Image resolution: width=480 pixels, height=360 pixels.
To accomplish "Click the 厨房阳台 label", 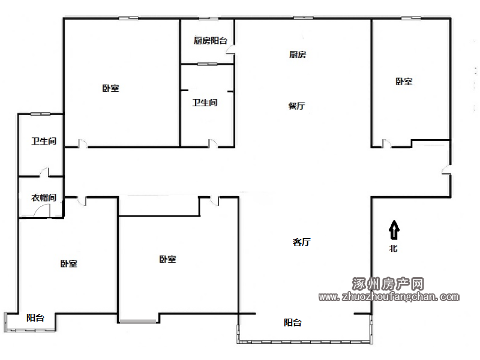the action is [x=211, y=40].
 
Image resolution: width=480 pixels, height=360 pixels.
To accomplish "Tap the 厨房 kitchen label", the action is [x=298, y=55].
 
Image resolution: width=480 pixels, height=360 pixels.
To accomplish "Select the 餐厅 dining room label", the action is [x=296, y=106].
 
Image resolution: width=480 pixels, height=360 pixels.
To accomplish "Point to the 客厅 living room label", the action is [x=302, y=242].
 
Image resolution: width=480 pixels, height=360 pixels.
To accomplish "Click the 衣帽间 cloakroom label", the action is [x=44, y=198].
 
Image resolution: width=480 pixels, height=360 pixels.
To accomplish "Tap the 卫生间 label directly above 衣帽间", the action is [x=44, y=141].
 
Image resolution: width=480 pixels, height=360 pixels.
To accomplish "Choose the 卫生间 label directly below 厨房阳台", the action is [x=205, y=103].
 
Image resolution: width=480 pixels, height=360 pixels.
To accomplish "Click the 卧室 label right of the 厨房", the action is [x=404, y=82].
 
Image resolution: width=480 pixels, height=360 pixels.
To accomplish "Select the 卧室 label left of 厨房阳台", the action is [x=110, y=88].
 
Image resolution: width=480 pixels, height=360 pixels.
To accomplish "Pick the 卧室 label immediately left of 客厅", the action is [x=168, y=259].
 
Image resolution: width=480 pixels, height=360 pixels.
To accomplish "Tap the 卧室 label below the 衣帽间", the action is [x=68, y=263].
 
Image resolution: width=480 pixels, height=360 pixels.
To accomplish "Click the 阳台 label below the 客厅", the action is [x=293, y=322].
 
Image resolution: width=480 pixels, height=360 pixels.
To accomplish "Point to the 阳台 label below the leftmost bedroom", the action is [x=35, y=318].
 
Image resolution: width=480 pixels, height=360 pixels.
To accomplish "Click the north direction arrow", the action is [x=394, y=230].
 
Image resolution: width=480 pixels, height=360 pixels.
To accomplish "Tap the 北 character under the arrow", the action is [x=394, y=248].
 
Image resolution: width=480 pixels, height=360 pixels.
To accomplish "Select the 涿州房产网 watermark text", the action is [x=388, y=284].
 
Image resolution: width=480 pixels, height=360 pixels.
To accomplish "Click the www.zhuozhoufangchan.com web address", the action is [x=389, y=297].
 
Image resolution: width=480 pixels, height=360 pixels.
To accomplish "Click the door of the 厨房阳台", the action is [x=230, y=50].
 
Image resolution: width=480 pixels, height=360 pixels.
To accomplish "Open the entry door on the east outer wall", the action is [x=446, y=170].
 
